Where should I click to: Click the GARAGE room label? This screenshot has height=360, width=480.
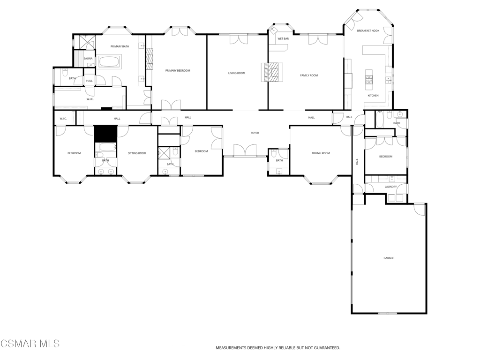[x=389, y=258]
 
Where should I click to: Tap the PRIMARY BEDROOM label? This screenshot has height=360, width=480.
[x=178, y=71]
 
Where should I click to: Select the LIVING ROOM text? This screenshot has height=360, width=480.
[x=237, y=73]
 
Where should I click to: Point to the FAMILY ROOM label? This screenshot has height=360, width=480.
[x=309, y=75]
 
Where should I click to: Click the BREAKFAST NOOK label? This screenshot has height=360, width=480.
[x=368, y=31]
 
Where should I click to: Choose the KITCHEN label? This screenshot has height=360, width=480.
[x=373, y=96]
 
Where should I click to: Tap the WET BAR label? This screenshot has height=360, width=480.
[x=283, y=39]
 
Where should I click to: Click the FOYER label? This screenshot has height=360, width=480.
[x=255, y=133]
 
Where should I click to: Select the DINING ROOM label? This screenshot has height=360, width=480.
[x=321, y=153]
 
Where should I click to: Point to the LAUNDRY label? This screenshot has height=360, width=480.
[x=391, y=187]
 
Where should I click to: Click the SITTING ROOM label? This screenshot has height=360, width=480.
[x=137, y=153]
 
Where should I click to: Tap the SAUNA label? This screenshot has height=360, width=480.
[x=88, y=59]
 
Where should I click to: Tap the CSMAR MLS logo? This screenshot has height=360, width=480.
[x=30, y=344]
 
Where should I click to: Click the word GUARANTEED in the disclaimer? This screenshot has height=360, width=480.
[x=324, y=348]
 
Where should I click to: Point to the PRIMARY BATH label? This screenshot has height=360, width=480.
[x=120, y=46]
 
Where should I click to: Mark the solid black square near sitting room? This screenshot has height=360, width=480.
[x=105, y=134]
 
